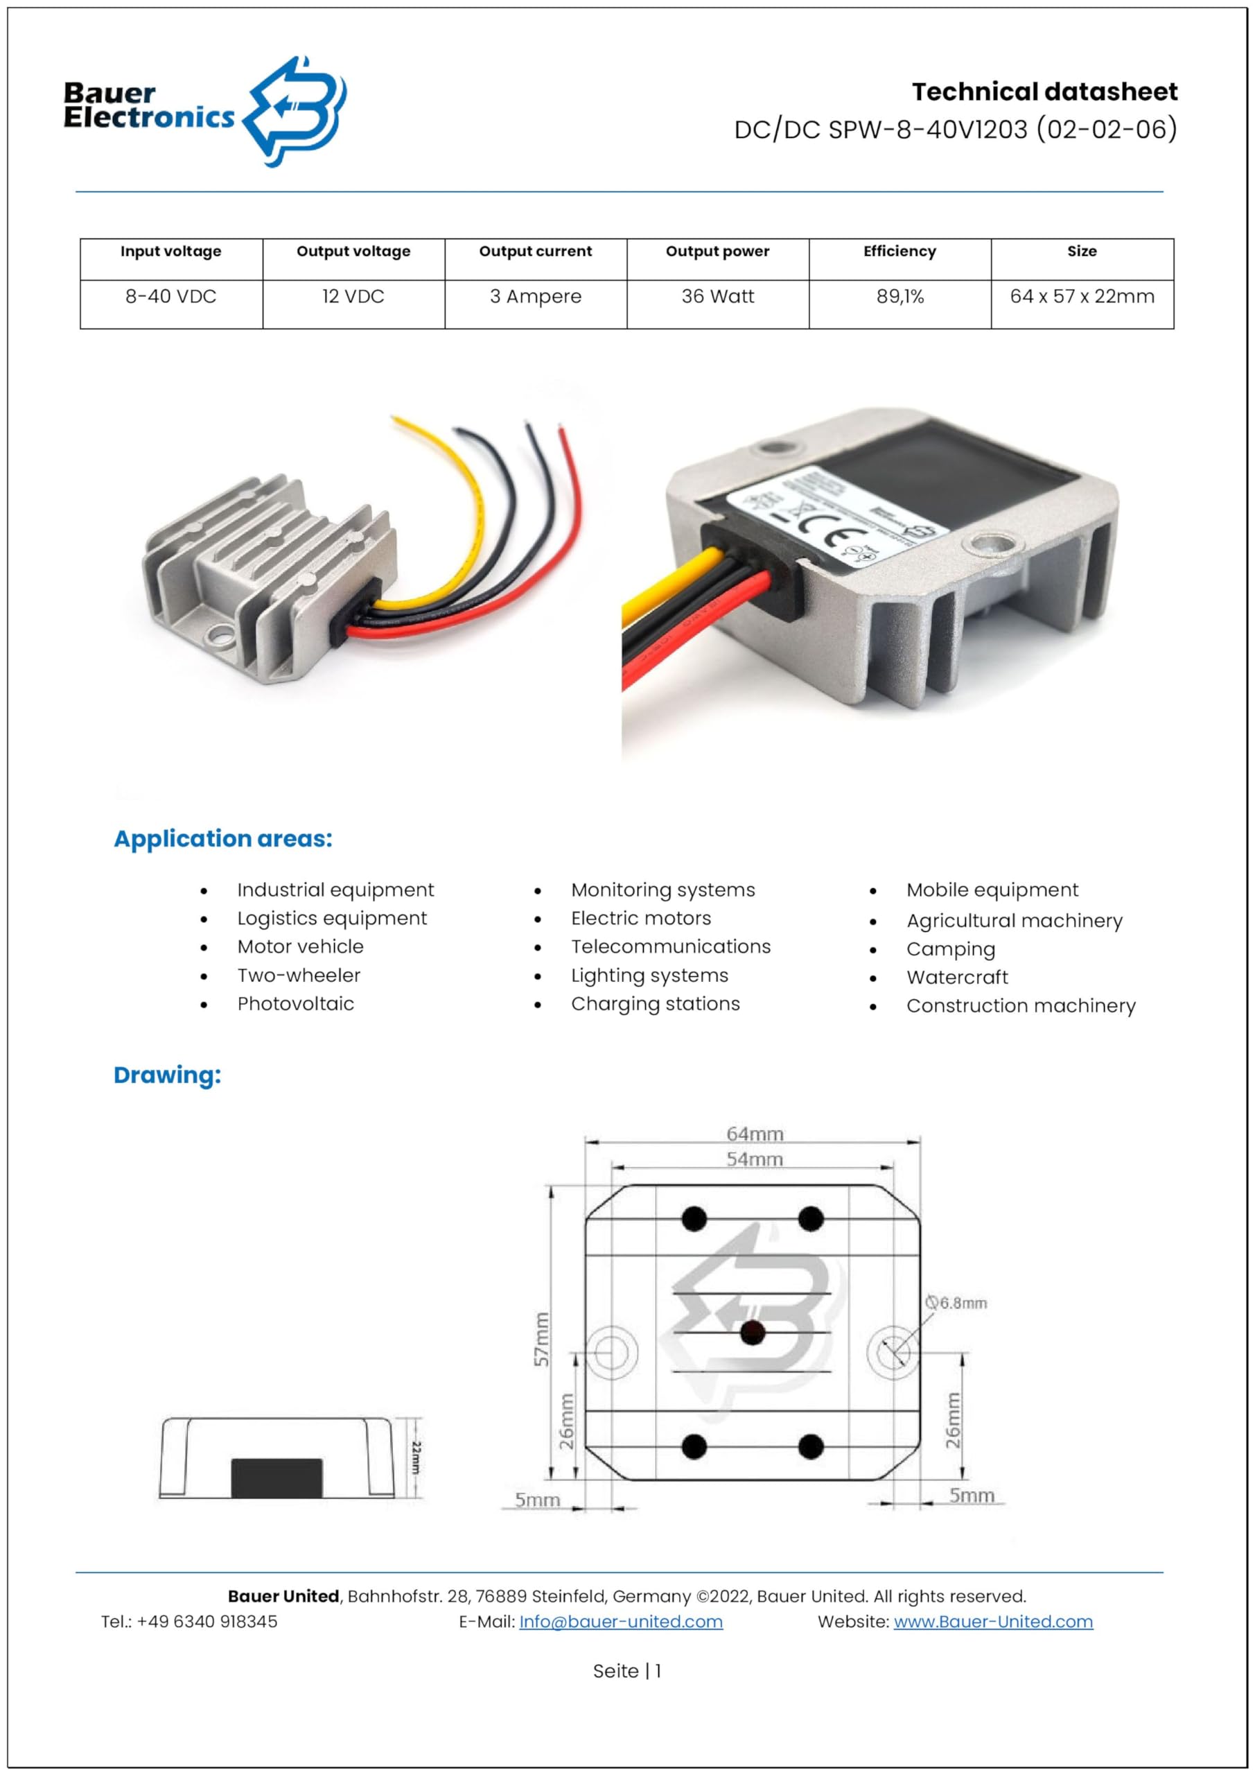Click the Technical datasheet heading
(x=1044, y=92)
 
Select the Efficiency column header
(x=899, y=251)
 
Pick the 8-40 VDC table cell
(x=170, y=297)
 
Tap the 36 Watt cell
(x=717, y=297)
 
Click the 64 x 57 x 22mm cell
(x=1081, y=297)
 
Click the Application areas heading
(x=222, y=839)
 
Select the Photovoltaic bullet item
(x=295, y=1003)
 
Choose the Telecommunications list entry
(x=670, y=946)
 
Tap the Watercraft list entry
(x=957, y=977)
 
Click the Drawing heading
(x=167, y=1075)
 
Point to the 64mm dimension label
(x=754, y=1134)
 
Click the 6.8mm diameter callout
(x=957, y=1303)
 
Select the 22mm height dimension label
(x=416, y=1457)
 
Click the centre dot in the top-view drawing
(x=752, y=1332)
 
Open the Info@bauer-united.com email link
(x=620, y=1621)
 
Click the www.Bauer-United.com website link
(x=992, y=1621)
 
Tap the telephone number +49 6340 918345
(x=207, y=1621)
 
